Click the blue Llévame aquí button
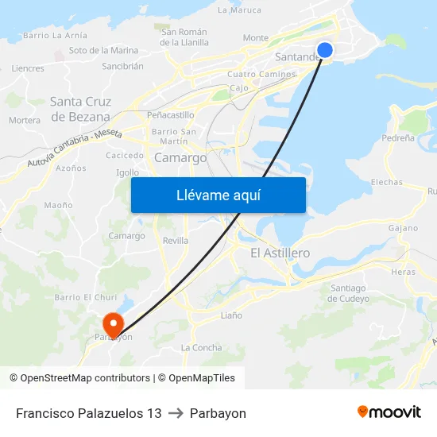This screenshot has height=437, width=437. tap(218, 195)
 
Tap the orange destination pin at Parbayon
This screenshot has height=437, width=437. tap(113, 323)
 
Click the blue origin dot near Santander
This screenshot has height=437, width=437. tap(325, 50)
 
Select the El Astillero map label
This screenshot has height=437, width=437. tap(280, 253)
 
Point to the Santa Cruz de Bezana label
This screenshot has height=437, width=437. tap(80, 109)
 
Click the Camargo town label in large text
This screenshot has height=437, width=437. tap(180, 157)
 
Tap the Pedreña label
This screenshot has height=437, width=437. tap(397, 137)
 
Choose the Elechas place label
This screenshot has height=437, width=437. tap(386, 182)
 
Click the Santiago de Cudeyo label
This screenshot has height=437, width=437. tap(350, 293)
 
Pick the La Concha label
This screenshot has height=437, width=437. tap(202, 347)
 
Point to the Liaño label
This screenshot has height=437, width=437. tap(231, 315)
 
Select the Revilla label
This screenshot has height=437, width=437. tap(175, 240)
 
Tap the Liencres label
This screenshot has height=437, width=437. tap(28, 68)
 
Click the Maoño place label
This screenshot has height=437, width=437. tap(58, 205)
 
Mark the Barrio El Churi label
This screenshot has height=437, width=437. tap(85, 297)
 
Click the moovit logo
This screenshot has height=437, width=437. tap(389, 412)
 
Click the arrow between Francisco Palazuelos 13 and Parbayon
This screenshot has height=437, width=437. tap(176, 413)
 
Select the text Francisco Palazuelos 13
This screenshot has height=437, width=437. tap(88, 413)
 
